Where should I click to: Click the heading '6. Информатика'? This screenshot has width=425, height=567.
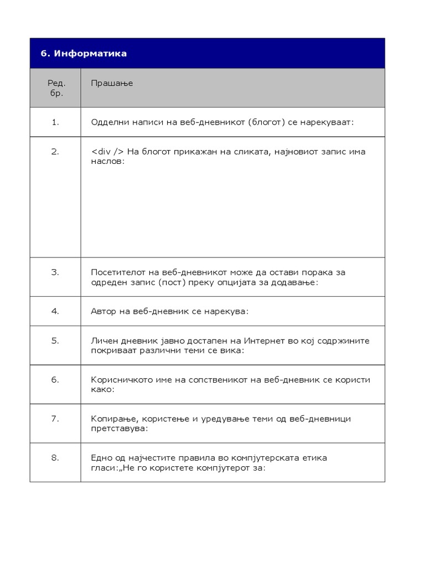[84, 54]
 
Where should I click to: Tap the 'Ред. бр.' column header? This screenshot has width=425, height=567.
[55, 88]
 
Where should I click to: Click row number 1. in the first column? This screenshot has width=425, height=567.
[55, 122]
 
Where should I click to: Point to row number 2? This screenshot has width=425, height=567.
[55, 152]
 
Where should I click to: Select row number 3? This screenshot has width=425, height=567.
[55, 272]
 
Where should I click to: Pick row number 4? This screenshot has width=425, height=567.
[55, 311]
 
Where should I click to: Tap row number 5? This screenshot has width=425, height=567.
[55, 341]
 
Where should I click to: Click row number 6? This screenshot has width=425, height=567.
[55, 380]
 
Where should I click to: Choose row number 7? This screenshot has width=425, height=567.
[55, 419]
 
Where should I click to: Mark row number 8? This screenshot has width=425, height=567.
[55, 458]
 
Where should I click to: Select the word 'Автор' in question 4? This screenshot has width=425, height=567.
[103, 311]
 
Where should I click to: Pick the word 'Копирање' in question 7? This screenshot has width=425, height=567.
[110, 419]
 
